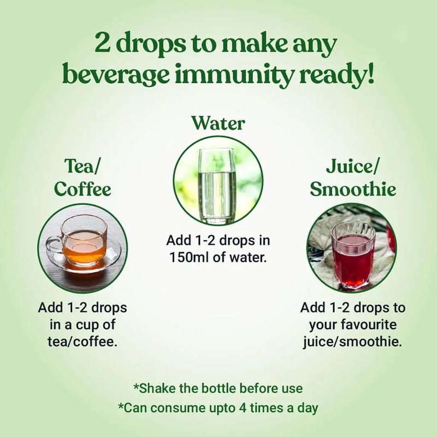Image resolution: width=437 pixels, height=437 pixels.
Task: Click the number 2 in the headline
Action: tap(103, 43)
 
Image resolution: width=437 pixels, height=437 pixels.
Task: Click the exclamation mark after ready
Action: tap(370, 73)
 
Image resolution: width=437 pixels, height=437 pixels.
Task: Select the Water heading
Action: tap(218, 123)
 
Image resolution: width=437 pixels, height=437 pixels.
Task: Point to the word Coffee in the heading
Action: tap(82, 189)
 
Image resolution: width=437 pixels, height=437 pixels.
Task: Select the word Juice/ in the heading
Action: tap(352, 167)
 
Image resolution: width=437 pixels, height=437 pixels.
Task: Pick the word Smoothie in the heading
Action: tap(353, 189)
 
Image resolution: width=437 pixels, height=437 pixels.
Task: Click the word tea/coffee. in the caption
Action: tap(82, 341)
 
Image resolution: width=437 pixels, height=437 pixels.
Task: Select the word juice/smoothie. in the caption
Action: tap(352, 342)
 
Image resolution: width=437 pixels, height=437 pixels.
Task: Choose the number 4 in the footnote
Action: tap(243, 408)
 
